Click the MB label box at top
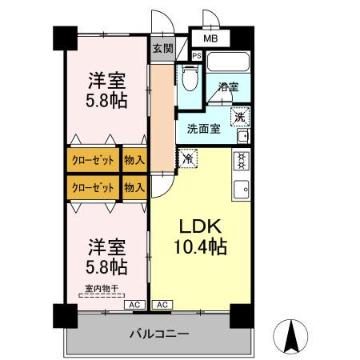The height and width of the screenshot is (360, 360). click(x=210, y=38)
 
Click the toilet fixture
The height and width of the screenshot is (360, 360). click(x=188, y=78)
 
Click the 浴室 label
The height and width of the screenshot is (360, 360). click(x=226, y=88)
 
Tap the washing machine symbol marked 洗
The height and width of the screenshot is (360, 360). click(x=239, y=117)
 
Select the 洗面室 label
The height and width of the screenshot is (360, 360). click(x=204, y=128)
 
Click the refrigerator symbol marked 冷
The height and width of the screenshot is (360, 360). click(x=187, y=159)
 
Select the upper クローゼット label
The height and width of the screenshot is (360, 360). click(x=93, y=159)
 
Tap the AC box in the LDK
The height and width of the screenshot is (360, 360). click(x=161, y=305)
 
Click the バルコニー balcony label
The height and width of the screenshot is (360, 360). click(x=159, y=334)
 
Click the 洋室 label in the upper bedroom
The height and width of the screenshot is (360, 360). click(x=106, y=81)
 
